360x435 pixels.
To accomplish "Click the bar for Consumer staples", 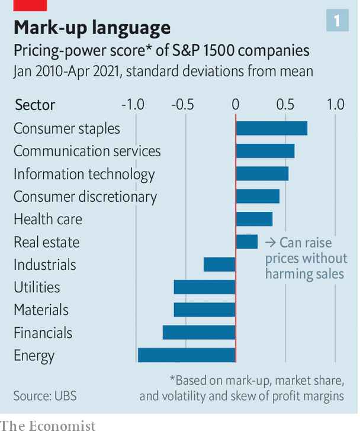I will pos(271,128).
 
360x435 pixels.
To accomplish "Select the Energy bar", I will pos(187,355).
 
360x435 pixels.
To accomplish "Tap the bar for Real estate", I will pos(246,241).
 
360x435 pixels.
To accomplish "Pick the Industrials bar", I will pos(219,264).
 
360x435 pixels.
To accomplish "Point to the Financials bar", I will pos(199,333).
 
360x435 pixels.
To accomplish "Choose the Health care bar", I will pos(254,219).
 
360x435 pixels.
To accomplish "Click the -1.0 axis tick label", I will pos(133,105).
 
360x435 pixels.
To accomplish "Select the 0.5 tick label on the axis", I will pos(286,105).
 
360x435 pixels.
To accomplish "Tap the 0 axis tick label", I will pos(236,105).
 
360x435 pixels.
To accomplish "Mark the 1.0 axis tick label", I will pos(335,105).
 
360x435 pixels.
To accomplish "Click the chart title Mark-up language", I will pos(92,27).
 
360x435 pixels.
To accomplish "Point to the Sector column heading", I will pos(34,105).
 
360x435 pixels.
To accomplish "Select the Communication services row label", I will pos(87,151).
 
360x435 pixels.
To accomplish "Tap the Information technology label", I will pos(84,174).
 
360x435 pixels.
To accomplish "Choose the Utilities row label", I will pos(37,288).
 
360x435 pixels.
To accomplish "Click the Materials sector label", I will pos(41,310).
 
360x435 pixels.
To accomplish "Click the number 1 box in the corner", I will pos(337,21).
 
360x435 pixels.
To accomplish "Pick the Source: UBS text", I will pos(45,395).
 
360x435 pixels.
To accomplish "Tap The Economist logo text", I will pos(47,426).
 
